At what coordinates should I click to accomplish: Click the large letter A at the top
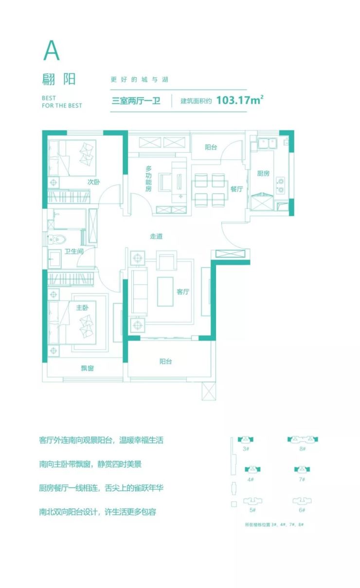(52, 51)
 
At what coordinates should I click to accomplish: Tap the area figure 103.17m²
(240, 100)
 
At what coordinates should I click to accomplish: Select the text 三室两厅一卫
(136, 101)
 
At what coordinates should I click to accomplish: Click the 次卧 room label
(94, 182)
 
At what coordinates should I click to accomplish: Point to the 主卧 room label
(82, 307)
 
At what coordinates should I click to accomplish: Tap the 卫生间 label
(74, 251)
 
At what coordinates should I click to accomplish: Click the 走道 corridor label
(156, 236)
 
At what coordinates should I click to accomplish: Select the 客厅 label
(183, 292)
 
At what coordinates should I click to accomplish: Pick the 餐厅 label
(236, 189)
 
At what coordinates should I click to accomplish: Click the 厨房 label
(263, 173)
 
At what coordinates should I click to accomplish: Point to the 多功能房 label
(148, 178)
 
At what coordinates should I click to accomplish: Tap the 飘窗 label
(87, 368)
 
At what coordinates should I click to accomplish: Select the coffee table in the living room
(165, 292)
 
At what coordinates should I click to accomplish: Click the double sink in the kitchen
(267, 143)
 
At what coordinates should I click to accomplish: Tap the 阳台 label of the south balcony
(166, 361)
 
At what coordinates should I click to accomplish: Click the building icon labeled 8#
(303, 439)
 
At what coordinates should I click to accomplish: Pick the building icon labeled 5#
(252, 501)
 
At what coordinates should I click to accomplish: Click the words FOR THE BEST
(62, 106)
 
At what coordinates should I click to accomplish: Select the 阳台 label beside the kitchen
(211, 147)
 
